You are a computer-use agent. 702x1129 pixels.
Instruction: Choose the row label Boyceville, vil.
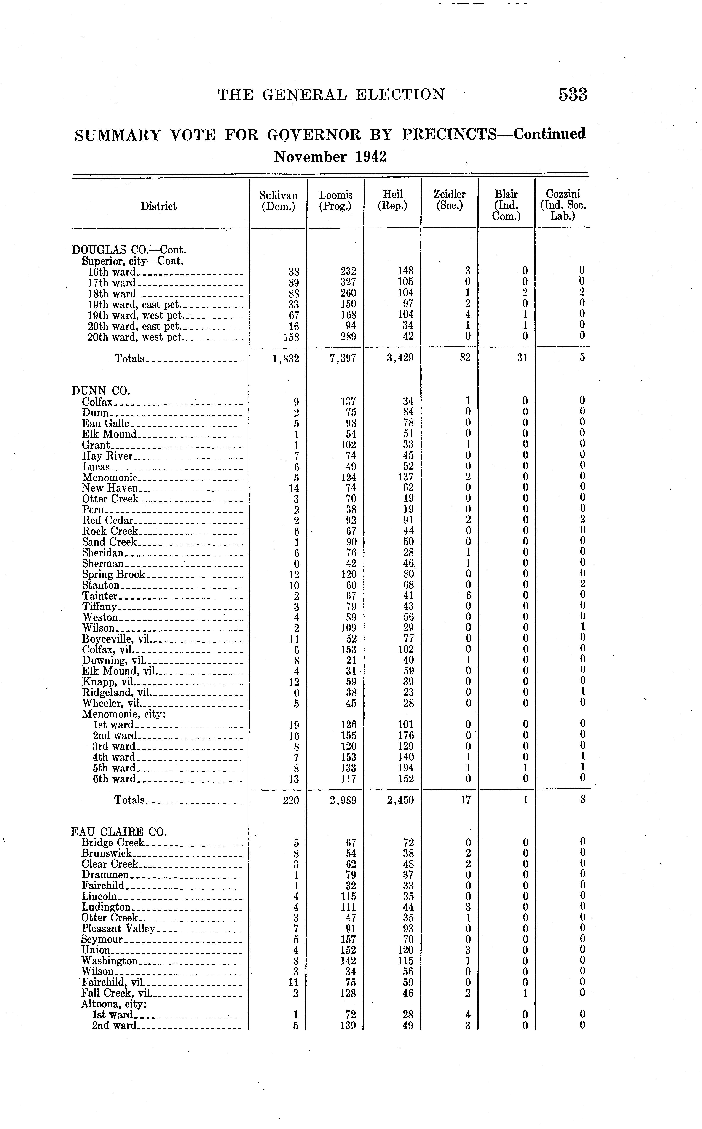click(x=116, y=639)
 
